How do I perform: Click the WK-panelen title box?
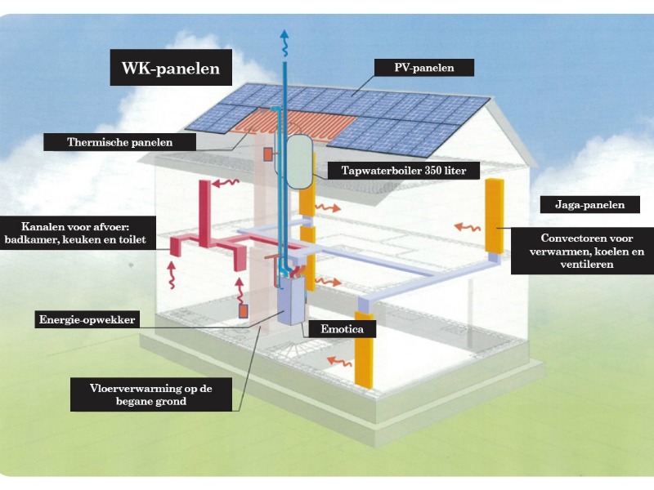coord(171,69)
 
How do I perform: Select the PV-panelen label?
coord(423,67)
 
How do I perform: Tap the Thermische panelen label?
coord(131,141)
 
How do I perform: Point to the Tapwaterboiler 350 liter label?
coord(404,171)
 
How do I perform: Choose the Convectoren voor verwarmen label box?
coord(581,252)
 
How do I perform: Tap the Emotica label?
coord(338,330)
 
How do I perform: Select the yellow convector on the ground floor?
coord(364,350)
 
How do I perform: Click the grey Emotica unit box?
coord(290,301)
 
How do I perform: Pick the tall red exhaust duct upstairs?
coord(204,208)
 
